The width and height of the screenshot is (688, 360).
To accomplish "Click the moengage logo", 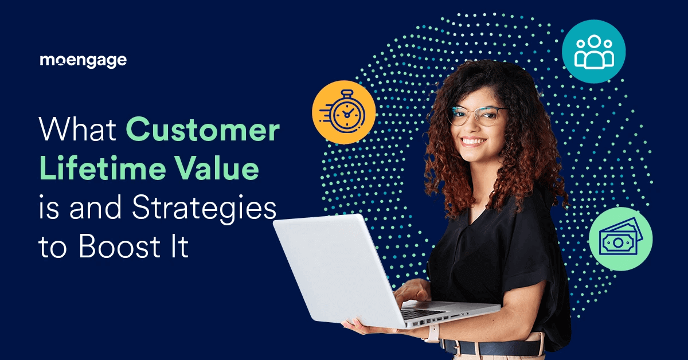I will click(x=83, y=60).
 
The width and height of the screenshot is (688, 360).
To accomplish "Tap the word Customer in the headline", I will click(x=202, y=131).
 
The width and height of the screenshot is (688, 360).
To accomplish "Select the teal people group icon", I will click(x=594, y=52).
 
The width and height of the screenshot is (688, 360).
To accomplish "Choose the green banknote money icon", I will click(x=621, y=238).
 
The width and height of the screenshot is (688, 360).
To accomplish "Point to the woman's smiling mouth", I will click(x=474, y=140).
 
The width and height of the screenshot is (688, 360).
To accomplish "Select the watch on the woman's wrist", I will click(x=431, y=332).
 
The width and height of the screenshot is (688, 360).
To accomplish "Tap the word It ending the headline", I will click(x=179, y=247).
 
